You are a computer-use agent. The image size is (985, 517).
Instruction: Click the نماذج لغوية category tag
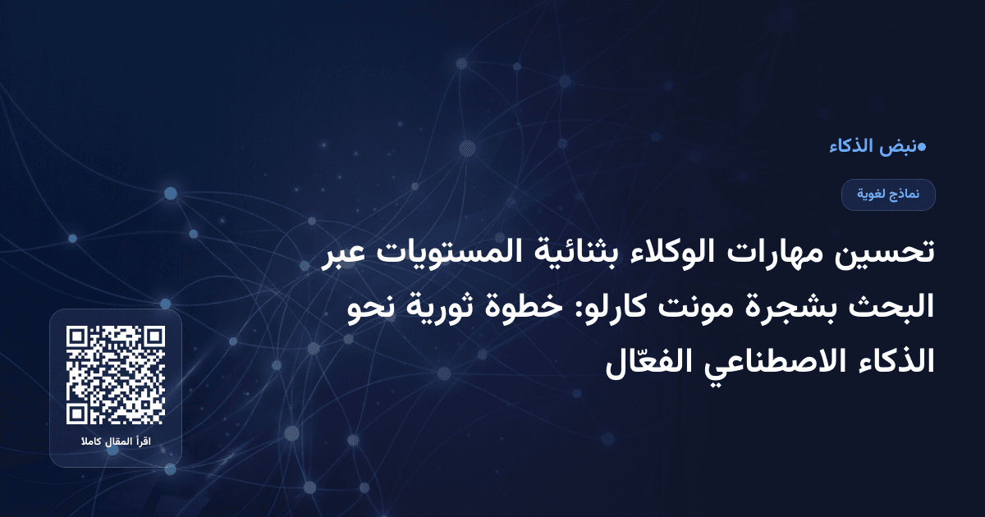click(888, 194)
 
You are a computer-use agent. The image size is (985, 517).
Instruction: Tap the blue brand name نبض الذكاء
click(871, 148)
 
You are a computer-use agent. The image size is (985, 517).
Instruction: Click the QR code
click(116, 375)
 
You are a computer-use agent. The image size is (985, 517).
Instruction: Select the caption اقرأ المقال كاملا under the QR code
click(116, 443)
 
